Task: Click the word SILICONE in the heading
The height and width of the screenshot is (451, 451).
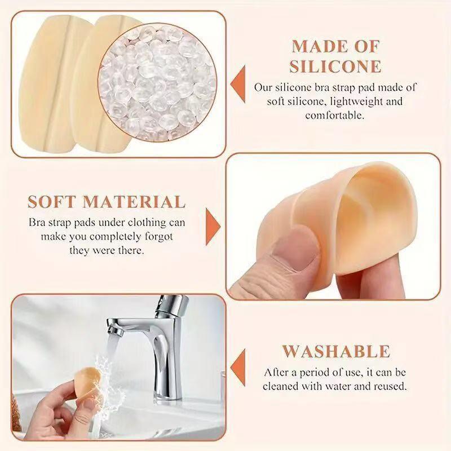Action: tap(335, 65)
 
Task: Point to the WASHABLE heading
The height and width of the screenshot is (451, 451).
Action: tap(336, 351)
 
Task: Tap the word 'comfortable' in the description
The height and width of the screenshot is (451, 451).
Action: tap(335, 116)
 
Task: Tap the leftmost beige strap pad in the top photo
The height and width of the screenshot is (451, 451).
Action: tap(48, 85)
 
